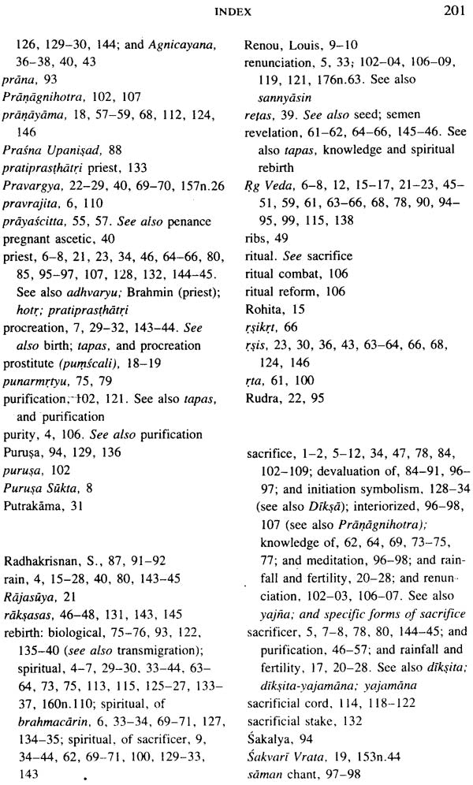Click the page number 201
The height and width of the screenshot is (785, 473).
point(451,12)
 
